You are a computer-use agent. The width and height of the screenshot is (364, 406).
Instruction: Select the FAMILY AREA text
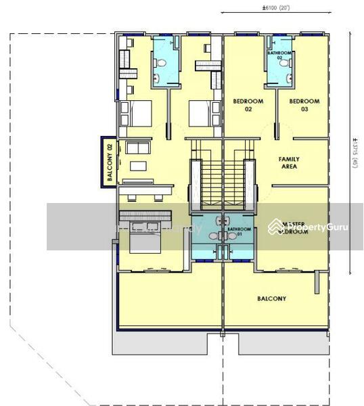(x=289, y=162)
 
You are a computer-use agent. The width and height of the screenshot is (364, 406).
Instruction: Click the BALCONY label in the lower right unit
(x=271, y=298)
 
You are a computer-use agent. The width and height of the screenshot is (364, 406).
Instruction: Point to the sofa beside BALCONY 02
(x=137, y=148)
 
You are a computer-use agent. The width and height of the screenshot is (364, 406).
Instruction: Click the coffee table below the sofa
(x=138, y=166)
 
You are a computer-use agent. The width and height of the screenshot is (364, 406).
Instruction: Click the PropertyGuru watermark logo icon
(x=275, y=227)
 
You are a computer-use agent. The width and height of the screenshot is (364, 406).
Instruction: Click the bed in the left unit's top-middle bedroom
(x=202, y=114)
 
